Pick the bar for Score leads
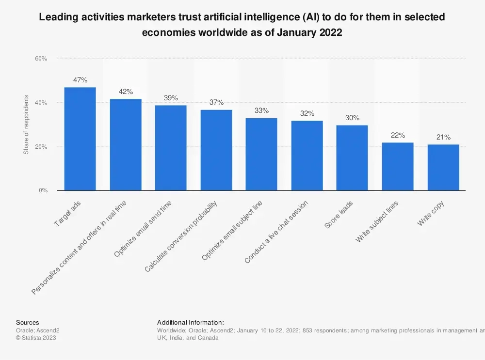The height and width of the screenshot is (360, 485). click(x=352, y=158)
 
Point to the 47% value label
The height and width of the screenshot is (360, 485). click(x=80, y=80)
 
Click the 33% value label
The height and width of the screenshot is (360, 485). click(x=261, y=110)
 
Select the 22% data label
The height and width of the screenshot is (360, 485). click(x=398, y=135)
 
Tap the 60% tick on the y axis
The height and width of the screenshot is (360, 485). click(x=41, y=59)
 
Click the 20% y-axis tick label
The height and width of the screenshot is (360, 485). click(x=41, y=147)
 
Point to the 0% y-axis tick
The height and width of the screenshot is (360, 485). click(x=43, y=191)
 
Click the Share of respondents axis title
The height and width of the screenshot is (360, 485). click(x=26, y=125)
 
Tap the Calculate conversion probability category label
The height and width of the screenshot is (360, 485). click(x=181, y=235)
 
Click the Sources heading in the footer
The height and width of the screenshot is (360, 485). click(x=28, y=323)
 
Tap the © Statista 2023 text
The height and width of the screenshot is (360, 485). click(x=36, y=338)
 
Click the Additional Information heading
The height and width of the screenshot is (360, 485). click(x=190, y=323)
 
